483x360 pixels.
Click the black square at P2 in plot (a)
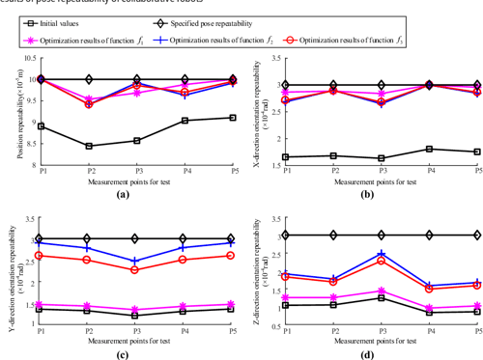89,146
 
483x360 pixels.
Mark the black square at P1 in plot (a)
40,125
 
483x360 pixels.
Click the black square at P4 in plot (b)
430,149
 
